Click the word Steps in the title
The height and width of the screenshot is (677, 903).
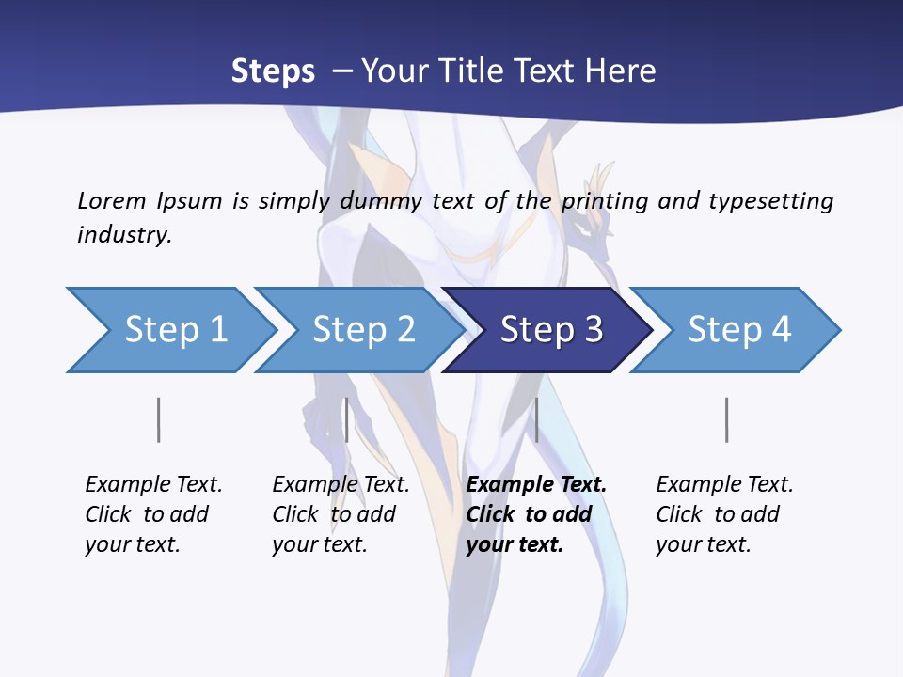273,71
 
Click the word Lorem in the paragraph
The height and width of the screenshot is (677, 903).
112,200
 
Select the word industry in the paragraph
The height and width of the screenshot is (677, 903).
123,234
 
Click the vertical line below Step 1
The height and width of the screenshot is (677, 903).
158,419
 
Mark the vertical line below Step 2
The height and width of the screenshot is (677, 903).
347,419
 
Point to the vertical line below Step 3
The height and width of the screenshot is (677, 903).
536,419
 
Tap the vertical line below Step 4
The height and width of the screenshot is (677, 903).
726,419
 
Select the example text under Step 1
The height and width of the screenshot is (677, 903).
153,514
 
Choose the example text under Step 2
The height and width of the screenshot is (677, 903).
341,514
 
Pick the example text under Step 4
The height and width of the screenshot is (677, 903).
724,514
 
